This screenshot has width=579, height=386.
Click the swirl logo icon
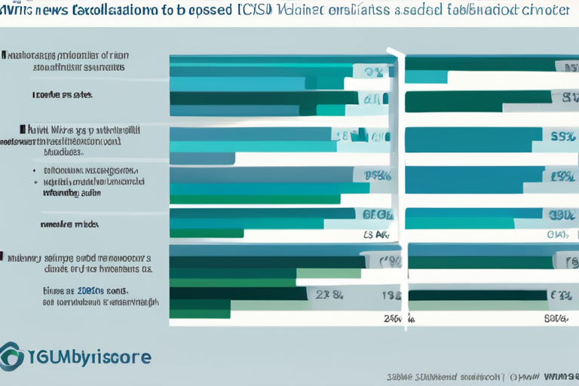point(13,355)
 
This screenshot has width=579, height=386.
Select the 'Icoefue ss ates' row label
point(63,96)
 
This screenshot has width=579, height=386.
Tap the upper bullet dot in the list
point(35,170)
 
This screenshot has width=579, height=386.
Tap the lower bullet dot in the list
point(35,182)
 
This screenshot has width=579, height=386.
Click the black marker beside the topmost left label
point(3,55)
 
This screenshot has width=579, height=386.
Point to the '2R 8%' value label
point(329,295)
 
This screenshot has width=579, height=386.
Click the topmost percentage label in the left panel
point(375,72)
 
